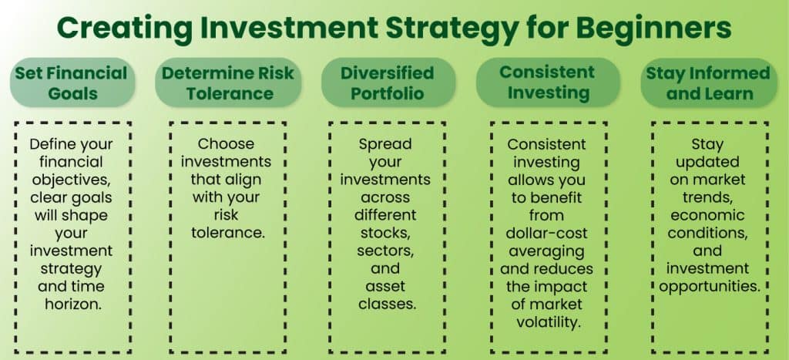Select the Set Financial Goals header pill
point(70,82)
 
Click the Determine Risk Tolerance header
point(229,82)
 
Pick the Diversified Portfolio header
point(387,82)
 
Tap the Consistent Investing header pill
point(547,82)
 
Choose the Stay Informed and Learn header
point(707,82)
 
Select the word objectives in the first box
point(68,180)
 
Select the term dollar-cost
point(547,233)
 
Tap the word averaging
point(547,251)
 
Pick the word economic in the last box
point(707,215)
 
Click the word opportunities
point(707,286)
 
